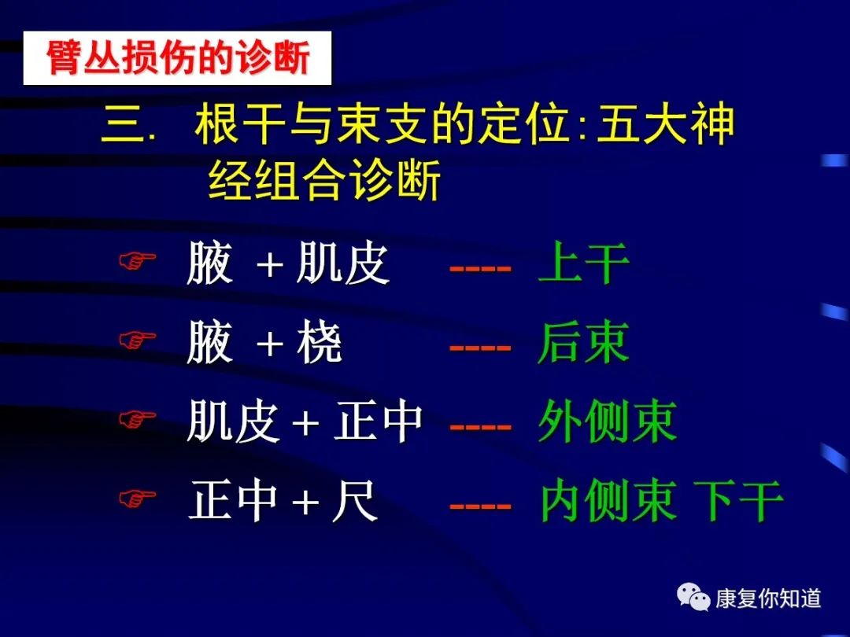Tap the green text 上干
click(583, 263)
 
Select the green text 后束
click(583, 342)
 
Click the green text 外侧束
click(607, 422)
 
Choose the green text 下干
click(739, 501)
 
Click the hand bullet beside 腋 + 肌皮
click(137, 260)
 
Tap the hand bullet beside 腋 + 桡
click(137, 340)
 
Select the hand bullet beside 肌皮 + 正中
click(137, 418)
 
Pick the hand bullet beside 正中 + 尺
click(137, 499)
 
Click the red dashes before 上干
click(480, 268)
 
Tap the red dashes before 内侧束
click(480, 506)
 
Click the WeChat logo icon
click(693, 597)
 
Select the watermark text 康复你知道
click(768, 598)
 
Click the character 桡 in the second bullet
click(320, 342)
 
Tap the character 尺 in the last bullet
click(354, 501)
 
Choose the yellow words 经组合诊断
click(323, 180)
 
